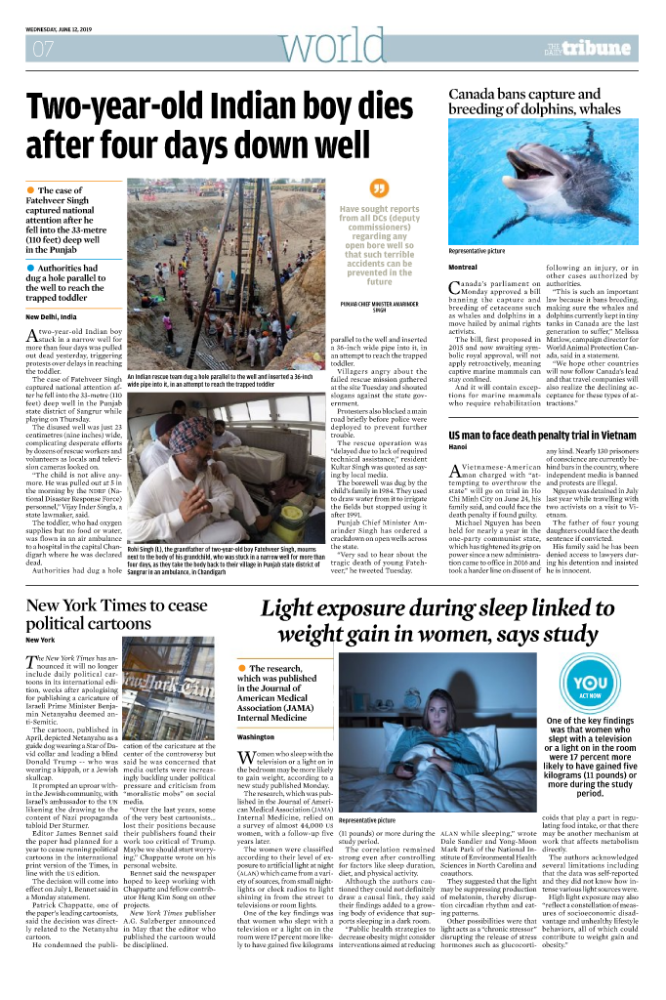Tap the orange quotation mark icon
pyautogui.click(x=379, y=188)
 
